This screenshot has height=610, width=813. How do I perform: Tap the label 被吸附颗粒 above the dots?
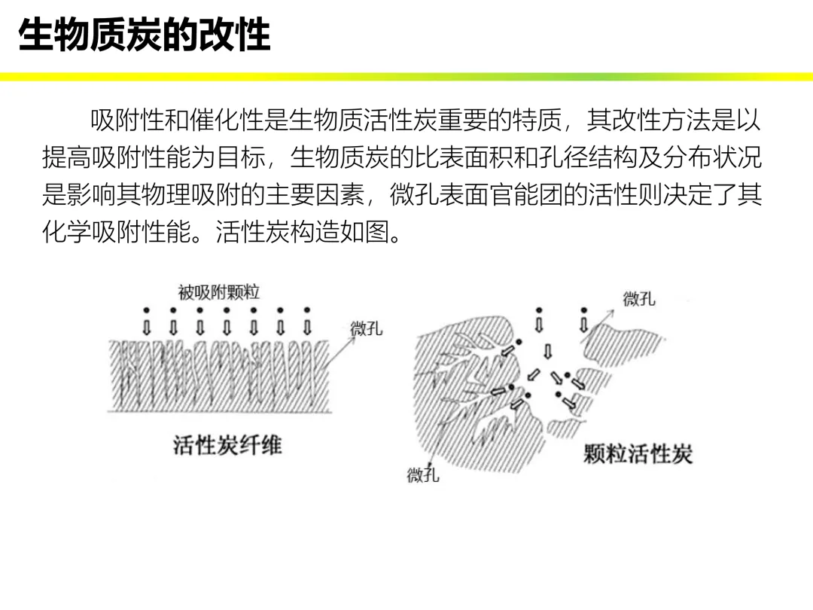coord(219,291)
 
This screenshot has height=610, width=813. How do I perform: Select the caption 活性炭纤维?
coord(227,445)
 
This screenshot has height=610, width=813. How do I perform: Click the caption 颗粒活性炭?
coord(638,453)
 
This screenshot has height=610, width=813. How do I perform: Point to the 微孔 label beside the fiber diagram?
coord(367,329)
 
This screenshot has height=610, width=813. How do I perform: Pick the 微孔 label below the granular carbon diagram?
coord(423,475)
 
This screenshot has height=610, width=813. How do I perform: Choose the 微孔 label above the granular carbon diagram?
coord(639,299)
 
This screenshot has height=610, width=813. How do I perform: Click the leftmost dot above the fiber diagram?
coord(146,310)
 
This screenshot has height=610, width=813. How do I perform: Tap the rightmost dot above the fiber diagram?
coord(307,310)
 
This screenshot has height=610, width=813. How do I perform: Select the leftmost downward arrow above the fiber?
coord(146,328)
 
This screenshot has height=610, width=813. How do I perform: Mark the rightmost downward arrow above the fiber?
coord(307,328)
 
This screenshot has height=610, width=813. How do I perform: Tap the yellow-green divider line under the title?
coord(406,77)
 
